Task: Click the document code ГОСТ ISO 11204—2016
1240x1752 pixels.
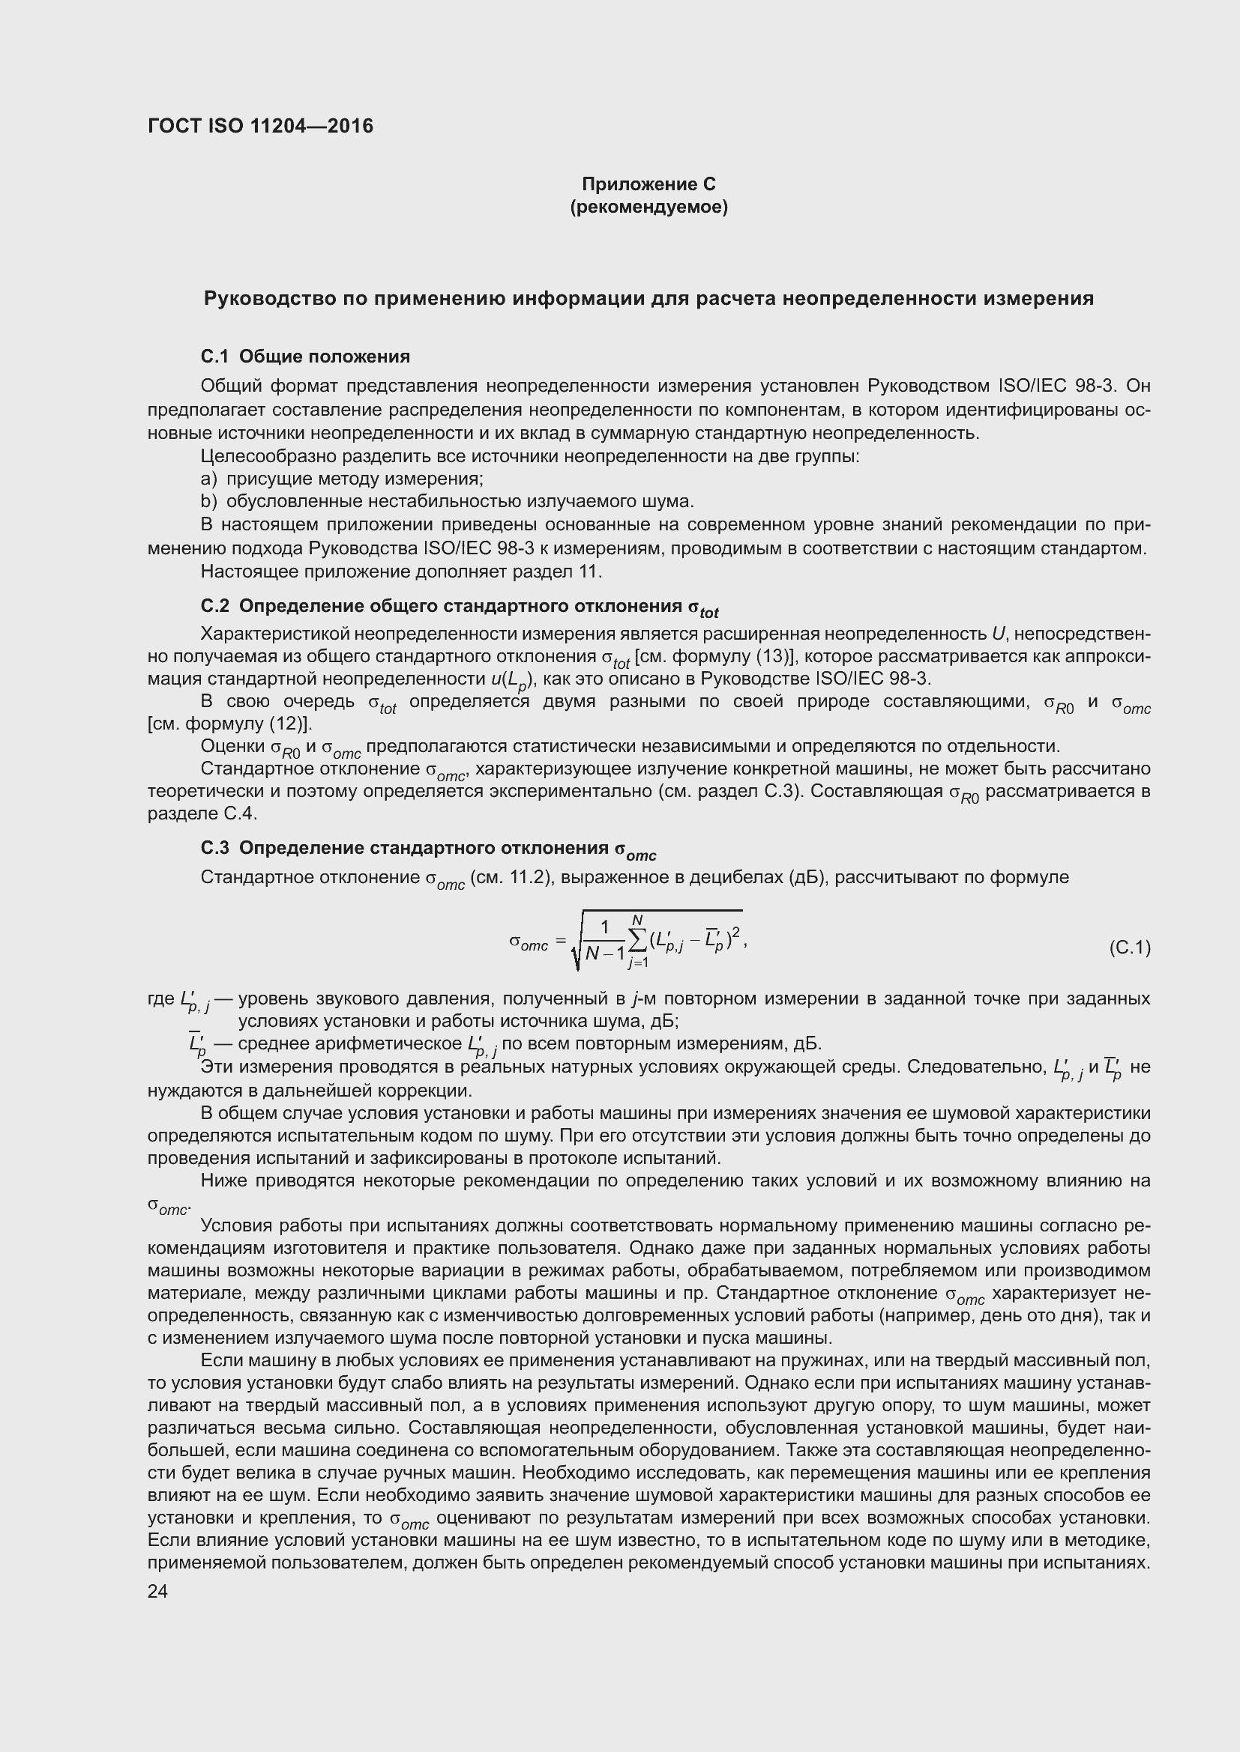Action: (260, 126)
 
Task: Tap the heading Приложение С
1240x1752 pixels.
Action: (648, 184)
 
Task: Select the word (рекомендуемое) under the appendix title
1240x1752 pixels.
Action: (648, 207)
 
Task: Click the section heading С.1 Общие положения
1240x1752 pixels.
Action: (304, 357)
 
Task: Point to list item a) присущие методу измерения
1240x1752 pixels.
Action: (342, 479)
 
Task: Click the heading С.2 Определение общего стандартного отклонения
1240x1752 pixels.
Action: (459, 607)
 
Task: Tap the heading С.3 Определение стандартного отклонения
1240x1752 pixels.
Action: (427, 849)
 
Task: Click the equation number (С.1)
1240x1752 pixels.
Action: (1128, 948)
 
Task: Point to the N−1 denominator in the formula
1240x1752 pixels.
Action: (605, 953)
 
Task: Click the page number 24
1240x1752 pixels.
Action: (157, 1592)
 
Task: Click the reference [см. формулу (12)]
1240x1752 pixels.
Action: (230, 724)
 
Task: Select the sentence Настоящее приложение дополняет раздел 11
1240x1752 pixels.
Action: (401, 571)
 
